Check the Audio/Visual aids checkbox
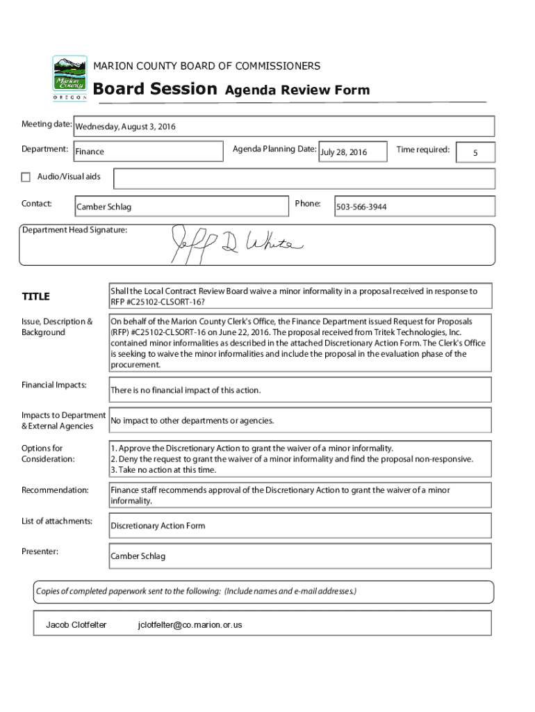[27, 177]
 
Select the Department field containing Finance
[146, 152]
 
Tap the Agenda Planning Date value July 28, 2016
[352, 152]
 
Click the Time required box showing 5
[475, 152]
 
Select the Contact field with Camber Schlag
[181, 207]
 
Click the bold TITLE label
[35, 297]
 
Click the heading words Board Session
[155, 89]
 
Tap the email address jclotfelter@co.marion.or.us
[190, 624]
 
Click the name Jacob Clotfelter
[76, 624]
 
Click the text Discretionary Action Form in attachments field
[158, 526]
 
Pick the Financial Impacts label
[53, 385]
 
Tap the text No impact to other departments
[192, 421]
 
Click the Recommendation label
[55, 490]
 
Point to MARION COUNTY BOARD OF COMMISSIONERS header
[207, 66]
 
